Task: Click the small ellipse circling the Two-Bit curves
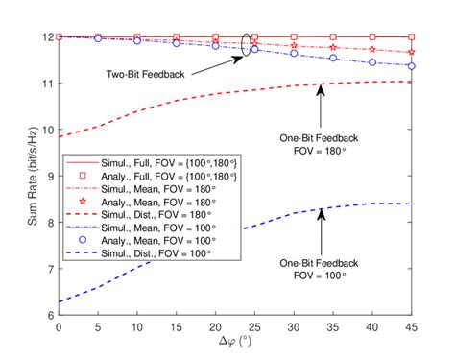coord(247,44)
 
